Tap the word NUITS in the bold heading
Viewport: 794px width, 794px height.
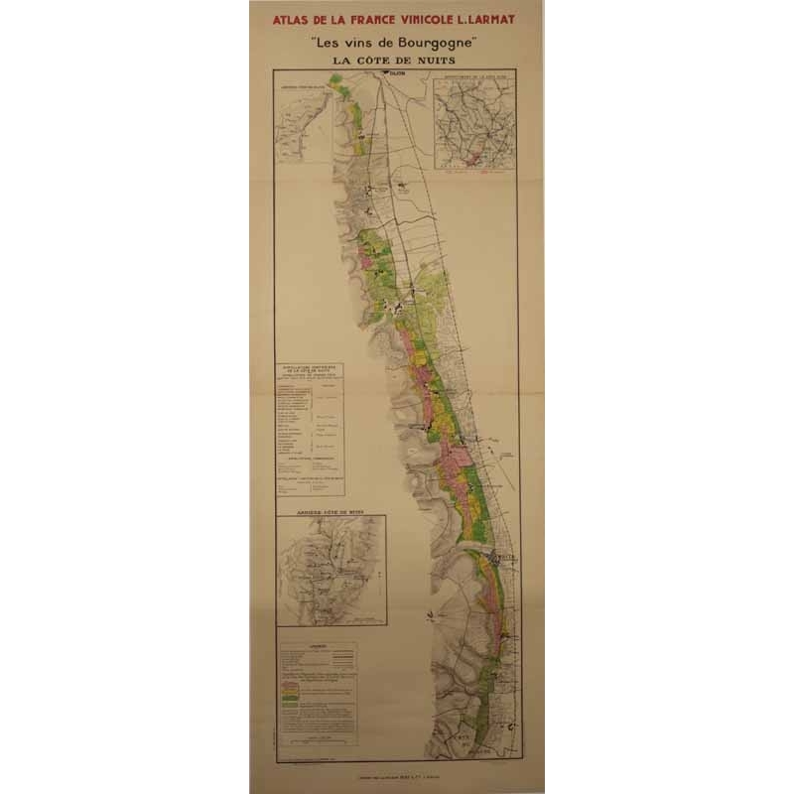(436, 62)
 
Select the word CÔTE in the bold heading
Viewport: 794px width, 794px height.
(380, 62)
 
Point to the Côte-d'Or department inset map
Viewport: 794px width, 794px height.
(474, 130)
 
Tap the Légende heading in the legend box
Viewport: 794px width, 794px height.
(317, 646)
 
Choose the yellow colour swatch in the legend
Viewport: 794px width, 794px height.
(291, 690)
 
